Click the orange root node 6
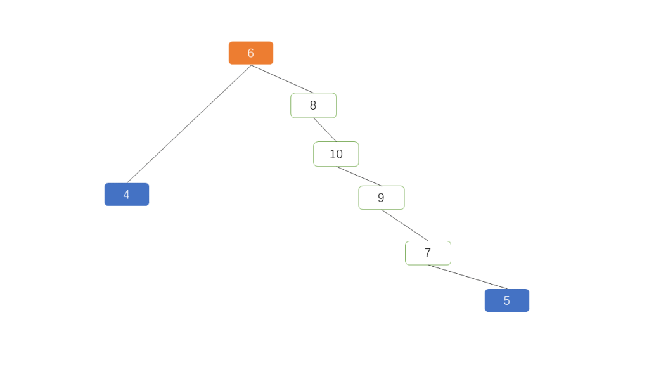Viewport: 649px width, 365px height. pyautogui.click(x=251, y=53)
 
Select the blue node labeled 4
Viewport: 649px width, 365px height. pyautogui.click(x=127, y=195)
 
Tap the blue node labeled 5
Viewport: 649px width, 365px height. pyautogui.click(x=507, y=300)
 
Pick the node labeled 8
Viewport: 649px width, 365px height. pyautogui.click(x=313, y=106)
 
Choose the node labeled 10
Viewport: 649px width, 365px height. pyautogui.click(x=336, y=154)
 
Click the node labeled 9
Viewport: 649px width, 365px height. pyautogui.click(x=381, y=198)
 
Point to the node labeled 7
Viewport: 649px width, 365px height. pyautogui.click(x=428, y=253)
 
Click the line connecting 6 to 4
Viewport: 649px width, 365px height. pyautogui.click(x=189, y=124)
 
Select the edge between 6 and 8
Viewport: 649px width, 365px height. pyautogui.click(x=282, y=79)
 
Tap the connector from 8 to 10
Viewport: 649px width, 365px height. pyautogui.click(x=325, y=130)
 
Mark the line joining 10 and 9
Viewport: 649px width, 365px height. pyautogui.click(x=359, y=176)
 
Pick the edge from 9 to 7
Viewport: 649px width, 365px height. pyautogui.click(x=405, y=225)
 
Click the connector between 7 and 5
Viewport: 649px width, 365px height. pyautogui.click(x=468, y=277)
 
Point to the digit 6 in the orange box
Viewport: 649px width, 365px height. pyautogui.click(x=251, y=53)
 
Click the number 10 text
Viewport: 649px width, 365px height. pyautogui.click(x=336, y=154)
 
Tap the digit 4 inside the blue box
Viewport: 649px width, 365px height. pyautogui.click(x=126, y=195)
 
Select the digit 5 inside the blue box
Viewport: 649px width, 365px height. pyautogui.click(x=506, y=300)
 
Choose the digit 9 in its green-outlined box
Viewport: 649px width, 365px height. pyautogui.click(x=381, y=198)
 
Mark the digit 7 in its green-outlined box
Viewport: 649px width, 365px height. pyautogui.click(x=428, y=253)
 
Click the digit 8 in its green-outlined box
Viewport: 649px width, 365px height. pyautogui.click(x=313, y=106)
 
